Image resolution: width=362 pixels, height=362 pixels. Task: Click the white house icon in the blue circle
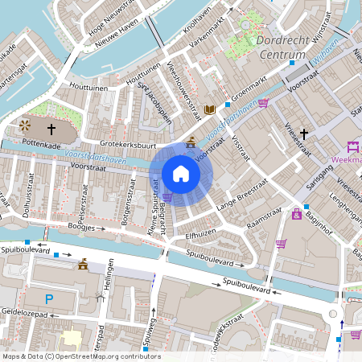pyautogui.click(x=181, y=173)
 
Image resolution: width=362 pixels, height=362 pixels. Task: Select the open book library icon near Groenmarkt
pyautogui.click(x=211, y=109)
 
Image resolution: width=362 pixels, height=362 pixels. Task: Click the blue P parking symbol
pyautogui.click(x=48, y=299)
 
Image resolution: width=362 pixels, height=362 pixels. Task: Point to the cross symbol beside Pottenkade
pyautogui.click(x=51, y=128)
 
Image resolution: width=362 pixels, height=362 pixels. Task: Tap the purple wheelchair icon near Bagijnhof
pyautogui.click(x=296, y=215)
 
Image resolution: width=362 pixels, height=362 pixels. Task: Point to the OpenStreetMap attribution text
pyautogui.click(x=80, y=356)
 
